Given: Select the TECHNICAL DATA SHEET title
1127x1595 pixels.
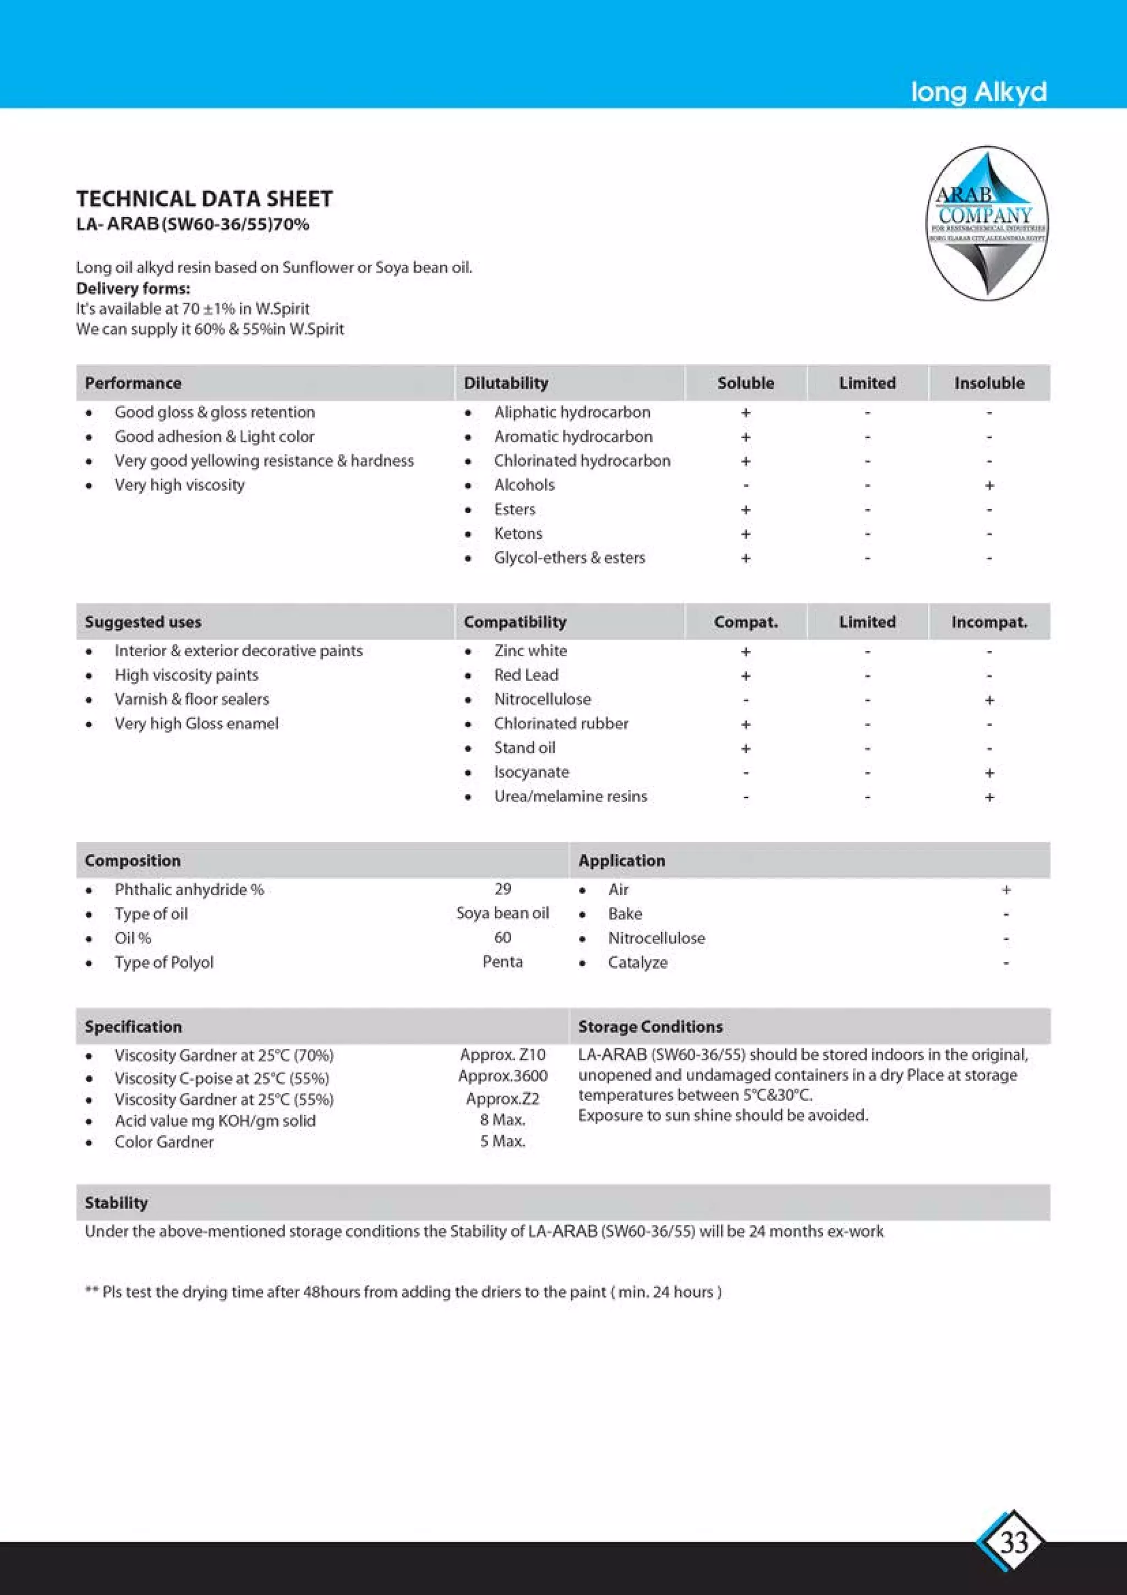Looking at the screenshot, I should (204, 199).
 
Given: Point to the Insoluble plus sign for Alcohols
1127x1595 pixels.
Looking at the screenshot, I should (989, 486).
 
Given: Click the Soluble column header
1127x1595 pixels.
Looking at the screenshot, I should (745, 383).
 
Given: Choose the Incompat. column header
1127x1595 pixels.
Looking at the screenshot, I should (989, 622).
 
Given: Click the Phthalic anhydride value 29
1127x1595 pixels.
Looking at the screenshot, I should (503, 889).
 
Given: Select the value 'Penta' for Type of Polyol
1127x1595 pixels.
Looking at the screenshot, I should (503, 962).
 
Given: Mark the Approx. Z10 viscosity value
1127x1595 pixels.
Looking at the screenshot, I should (503, 1054).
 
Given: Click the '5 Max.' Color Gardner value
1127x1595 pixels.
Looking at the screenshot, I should (503, 1141).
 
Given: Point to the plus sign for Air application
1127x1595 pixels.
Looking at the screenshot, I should (1005, 890).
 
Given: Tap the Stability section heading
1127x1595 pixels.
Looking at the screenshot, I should (116, 1202).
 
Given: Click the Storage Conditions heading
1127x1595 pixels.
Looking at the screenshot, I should (650, 1026).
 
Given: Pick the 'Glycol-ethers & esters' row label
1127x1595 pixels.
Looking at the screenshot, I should (570, 558).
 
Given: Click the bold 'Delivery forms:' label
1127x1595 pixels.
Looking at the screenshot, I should (133, 288).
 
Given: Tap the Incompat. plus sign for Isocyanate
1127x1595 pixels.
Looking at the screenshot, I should (989, 772).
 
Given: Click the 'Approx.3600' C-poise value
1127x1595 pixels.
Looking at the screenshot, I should (503, 1076).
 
